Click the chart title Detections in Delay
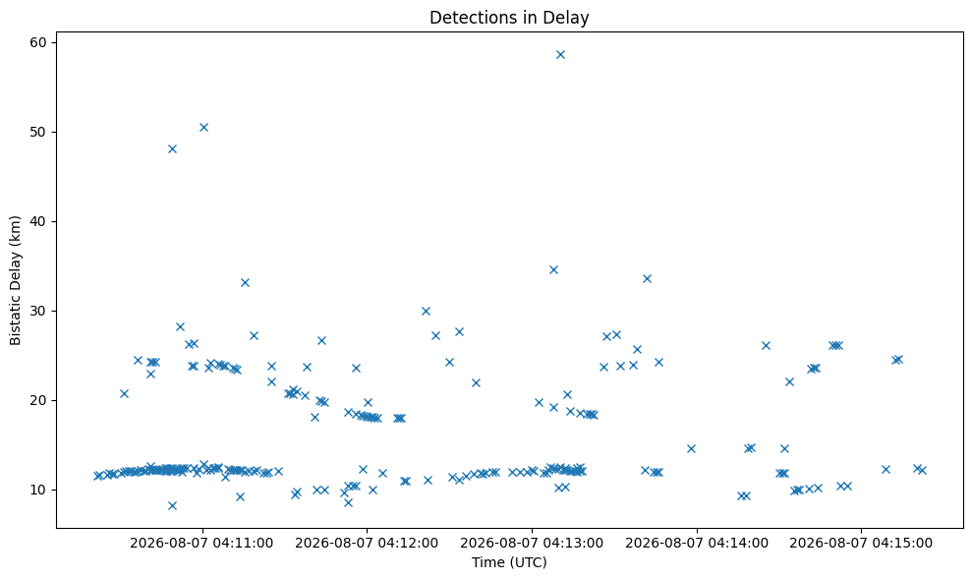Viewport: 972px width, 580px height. coord(509,18)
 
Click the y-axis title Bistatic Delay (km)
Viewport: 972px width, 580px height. coord(15,280)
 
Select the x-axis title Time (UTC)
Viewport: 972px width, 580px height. coord(509,562)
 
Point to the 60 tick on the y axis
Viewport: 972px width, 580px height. coord(39,42)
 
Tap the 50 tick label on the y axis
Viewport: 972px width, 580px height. coord(39,132)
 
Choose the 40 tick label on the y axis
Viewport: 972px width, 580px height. coord(39,221)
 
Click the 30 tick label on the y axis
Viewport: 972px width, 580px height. coord(39,311)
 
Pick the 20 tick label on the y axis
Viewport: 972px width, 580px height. coord(39,400)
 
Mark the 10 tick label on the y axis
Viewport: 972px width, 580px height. coord(39,491)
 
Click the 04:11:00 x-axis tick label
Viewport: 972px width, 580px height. coord(201,544)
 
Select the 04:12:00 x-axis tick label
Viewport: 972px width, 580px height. coord(367,544)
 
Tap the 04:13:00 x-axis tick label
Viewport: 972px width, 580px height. coord(532,544)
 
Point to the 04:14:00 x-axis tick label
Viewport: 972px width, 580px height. coord(696,544)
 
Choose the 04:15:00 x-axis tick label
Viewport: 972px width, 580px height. coord(861,544)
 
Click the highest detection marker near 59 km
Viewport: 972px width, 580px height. coord(560,55)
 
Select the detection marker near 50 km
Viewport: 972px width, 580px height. coord(203,127)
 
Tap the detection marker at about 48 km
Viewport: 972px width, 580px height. coord(172,148)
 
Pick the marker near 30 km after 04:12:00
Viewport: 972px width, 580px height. coord(426,311)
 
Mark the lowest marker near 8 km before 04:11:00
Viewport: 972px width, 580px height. coord(172,505)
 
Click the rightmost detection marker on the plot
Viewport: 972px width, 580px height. coord(922,470)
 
